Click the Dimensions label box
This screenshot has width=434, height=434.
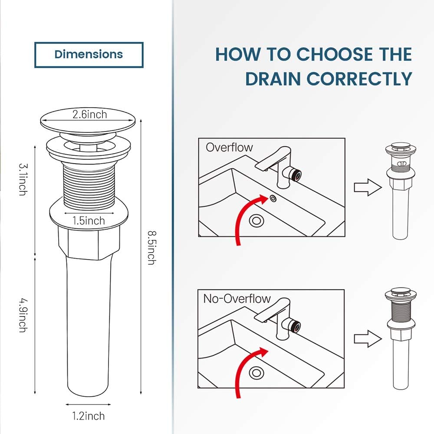coord(89,55)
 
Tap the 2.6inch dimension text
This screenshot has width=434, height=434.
coord(89,115)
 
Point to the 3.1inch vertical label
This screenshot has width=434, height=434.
coord(22,179)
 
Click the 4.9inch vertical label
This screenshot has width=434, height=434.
coord(22,314)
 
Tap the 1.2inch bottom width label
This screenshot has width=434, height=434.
coord(88,416)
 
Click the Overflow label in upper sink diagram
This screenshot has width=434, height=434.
coord(229,147)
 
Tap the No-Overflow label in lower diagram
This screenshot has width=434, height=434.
coord(237,299)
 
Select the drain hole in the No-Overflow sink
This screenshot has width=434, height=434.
coord(256,372)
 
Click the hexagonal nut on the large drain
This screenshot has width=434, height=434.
coord(88,241)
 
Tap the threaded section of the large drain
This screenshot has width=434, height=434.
coord(89,182)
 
